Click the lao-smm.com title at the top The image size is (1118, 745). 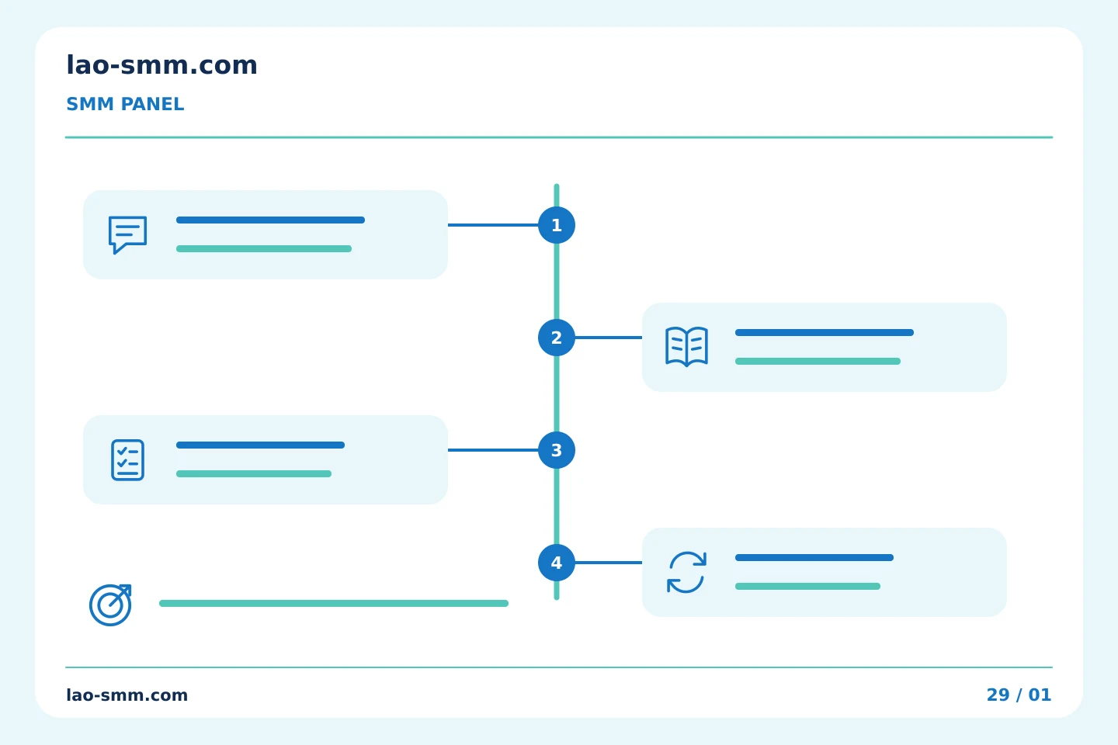pos(161,65)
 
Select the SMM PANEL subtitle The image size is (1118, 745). pos(125,104)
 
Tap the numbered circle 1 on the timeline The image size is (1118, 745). pos(557,225)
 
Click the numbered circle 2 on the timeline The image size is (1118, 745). pos(557,338)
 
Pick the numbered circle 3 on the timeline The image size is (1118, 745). pos(557,450)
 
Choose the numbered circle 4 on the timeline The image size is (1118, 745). pos(557,563)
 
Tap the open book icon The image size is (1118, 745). pos(687,347)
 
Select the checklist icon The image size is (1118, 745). pos(128,460)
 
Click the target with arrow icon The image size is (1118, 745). pos(110,605)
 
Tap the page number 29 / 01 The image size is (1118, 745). pos(1019,695)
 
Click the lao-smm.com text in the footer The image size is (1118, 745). pos(127,695)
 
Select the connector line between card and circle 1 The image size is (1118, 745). pos(493,225)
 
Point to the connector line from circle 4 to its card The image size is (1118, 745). pos(609,563)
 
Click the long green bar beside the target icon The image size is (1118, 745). pos(334,603)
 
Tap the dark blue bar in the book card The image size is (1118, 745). pos(825,332)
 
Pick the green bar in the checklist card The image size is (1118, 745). pos(254,473)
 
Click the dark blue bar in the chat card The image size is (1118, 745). pos(270,220)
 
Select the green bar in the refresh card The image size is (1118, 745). pos(807,587)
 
